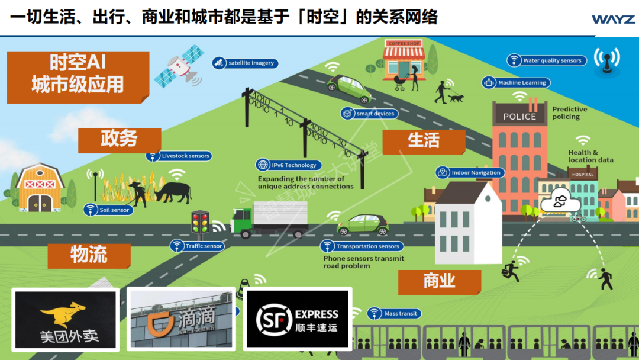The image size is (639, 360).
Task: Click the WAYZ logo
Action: [x=613, y=19]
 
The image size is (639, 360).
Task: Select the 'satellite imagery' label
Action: [x=246, y=63]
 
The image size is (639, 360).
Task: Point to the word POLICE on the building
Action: [x=519, y=117]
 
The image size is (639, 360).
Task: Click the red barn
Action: [x=40, y=188]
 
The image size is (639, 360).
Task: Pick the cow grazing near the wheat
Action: [x=173, y=191]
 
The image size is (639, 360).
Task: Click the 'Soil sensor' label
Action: [x=108, y=210]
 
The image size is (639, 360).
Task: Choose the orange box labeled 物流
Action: [x=89, y=255]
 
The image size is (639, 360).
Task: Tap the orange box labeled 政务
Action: [x=119, y=139]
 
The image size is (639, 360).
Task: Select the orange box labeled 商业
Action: [x=439, y=281]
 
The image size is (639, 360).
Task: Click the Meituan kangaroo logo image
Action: [x=65, y=319]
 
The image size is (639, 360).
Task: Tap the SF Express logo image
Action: [x=298, y=319]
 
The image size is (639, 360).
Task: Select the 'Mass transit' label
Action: [x=394, y=313]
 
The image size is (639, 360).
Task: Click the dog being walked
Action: [x=456, y=98]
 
